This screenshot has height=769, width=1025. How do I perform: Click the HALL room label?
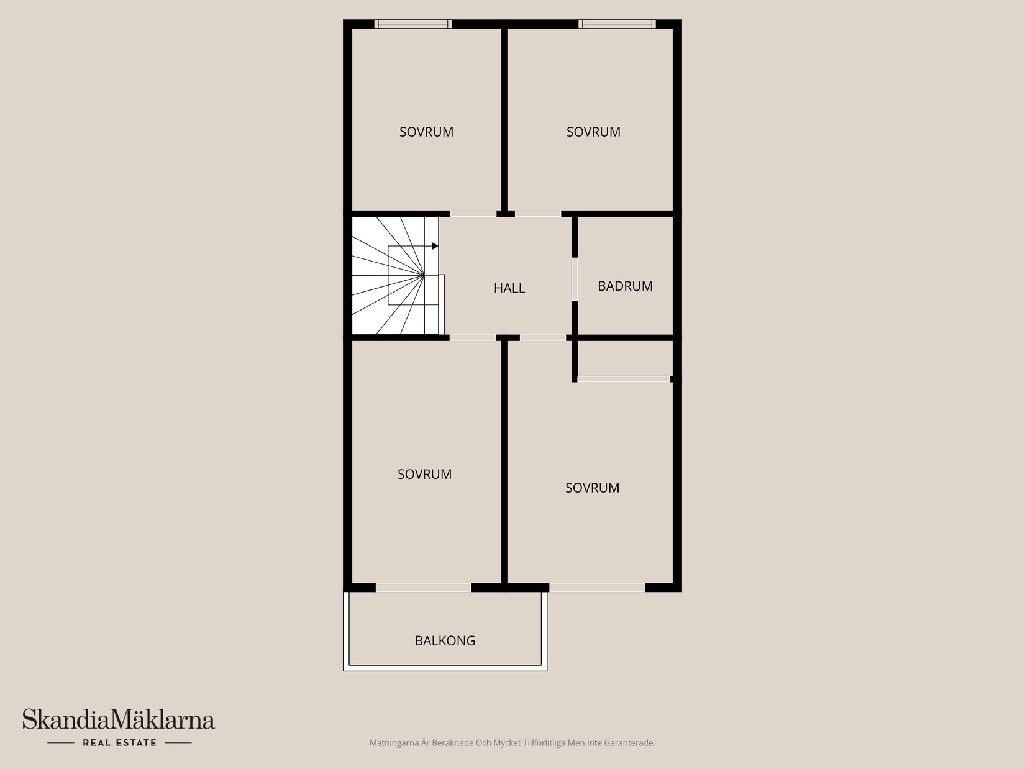pos(509,288)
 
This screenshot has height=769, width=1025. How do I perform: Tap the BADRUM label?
pos(625,286)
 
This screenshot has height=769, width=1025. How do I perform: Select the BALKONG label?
pos(445,640)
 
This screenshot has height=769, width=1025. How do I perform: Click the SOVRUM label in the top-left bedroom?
pos(426,132)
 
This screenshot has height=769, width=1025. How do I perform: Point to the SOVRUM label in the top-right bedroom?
pos(593,132)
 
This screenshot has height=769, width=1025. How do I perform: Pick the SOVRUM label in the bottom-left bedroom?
pos(424,474)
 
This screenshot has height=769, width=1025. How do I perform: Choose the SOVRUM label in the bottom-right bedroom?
pos(592,488)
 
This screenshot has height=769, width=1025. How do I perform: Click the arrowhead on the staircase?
pos(435,246)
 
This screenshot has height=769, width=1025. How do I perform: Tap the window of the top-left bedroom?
pos(413,24)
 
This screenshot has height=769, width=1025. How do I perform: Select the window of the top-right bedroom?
pos(617,24)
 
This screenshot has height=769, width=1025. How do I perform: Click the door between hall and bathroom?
pos(575,279)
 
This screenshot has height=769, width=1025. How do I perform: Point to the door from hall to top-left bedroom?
pos(473,214)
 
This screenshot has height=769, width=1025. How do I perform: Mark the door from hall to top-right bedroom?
pos(538,214)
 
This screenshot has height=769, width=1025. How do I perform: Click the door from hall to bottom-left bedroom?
pos(472,338)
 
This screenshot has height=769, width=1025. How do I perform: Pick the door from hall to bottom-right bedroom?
pos(542,338)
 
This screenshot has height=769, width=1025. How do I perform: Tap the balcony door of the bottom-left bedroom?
pos(423,588)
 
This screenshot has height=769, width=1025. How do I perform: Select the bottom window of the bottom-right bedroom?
pos(597,588)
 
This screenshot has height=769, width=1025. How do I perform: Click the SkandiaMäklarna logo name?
pos(119,720)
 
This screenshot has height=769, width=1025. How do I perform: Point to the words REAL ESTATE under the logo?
pos(119,742)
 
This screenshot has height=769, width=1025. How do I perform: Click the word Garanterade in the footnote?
pos(633,742)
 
